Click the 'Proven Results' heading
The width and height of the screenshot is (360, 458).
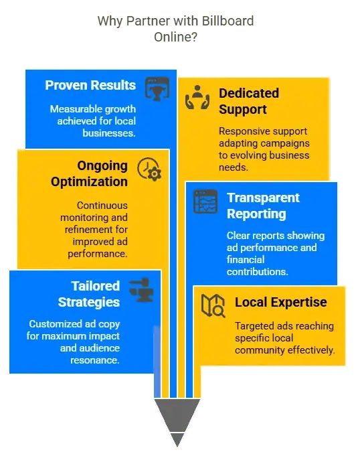[90, 85]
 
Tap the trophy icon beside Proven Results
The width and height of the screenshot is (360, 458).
[157, 88]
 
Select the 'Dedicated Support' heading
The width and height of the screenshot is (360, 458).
[249, 101]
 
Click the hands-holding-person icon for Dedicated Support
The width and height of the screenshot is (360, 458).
[197, 98]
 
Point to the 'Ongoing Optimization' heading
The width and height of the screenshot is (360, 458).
[90, 173]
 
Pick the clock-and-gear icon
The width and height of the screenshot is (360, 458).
[149, 169]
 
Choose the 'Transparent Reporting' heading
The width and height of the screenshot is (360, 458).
[264, 206]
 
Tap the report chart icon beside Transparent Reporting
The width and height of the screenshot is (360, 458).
[205, 202]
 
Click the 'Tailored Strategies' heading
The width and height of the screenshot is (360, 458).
[89, 294]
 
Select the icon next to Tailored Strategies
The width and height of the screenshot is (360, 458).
[141, 290]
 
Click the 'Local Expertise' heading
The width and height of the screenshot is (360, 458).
[281, 302]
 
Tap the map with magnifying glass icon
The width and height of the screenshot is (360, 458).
[213, 306]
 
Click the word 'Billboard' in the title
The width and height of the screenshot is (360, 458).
[228, 21]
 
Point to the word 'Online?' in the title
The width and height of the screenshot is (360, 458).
[176, 37]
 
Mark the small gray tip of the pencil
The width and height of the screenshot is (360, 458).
[177, 440]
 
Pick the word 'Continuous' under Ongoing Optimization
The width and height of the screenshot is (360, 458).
[102, 206]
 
